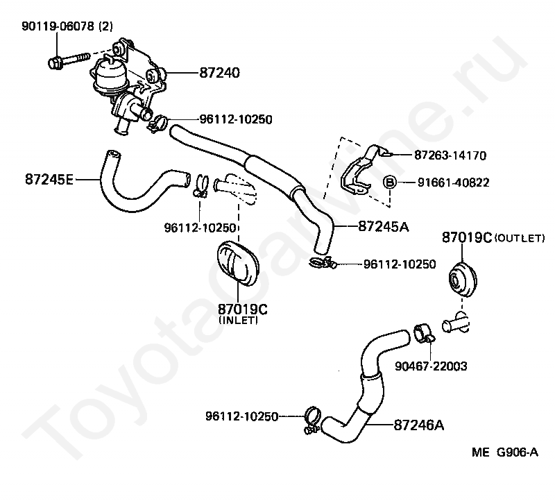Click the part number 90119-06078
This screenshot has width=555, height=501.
tap(58, 26)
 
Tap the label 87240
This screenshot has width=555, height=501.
tap(219, 73)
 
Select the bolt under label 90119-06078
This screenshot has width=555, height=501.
tap(68, 60)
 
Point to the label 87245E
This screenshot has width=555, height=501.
tap(49, 179)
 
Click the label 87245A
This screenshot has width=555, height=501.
tap(384, 226)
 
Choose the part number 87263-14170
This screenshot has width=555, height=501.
tap(450, 155)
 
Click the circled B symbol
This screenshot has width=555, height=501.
tap(389, 182)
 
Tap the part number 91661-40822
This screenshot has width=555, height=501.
tap(454, 182)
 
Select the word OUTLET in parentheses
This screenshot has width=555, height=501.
tap(520, 238)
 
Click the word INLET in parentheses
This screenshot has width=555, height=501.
tap(238, 321)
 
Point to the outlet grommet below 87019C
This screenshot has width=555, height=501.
tap(462, 280)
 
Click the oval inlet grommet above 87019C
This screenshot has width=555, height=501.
tap(238, 262)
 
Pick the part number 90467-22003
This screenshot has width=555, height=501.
tap(431, 366)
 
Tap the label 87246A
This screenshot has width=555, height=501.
tap(419, 425)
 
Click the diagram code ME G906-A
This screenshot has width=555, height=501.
tap(505, 452)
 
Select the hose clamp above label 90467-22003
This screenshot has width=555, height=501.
tap(424, 333)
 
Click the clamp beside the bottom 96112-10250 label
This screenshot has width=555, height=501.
tap(312, 420)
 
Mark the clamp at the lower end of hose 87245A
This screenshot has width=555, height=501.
tap(323, 262)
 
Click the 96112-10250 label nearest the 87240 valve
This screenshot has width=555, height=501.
tap(236, 119)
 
